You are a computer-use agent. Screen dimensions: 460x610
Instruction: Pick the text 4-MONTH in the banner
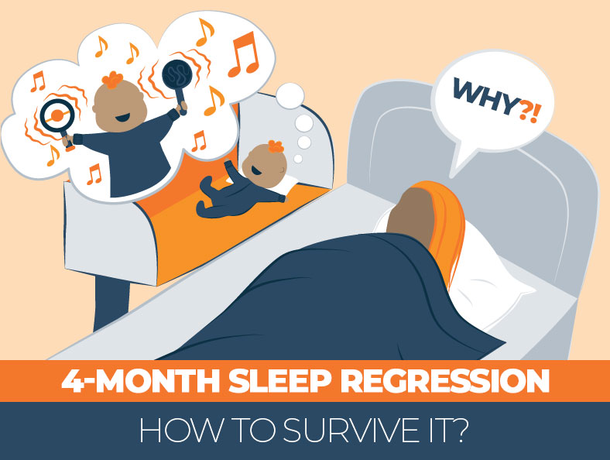coord(117,383)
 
